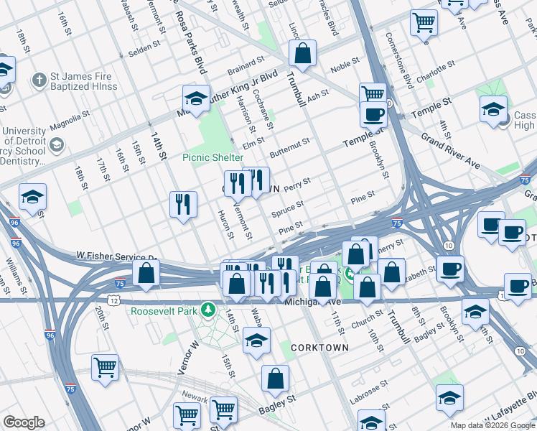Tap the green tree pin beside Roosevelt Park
(x=209, y=310)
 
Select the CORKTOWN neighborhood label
(x=319, y=347)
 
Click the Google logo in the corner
(x=24, y=422)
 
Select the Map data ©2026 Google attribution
(x=492, y=425)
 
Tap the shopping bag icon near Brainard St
(x=303, y=53)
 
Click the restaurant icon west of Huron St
(x=183, y=203)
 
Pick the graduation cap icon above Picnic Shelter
(x=195, y=98)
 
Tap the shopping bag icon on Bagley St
(x=275, y=379)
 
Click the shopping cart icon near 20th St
(x=106, y=367)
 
